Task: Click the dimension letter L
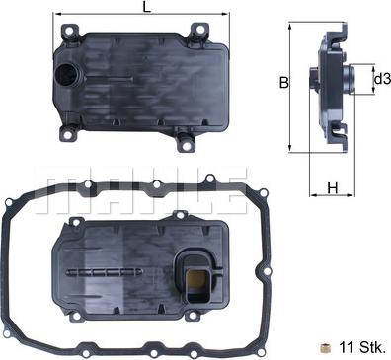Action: [x=147, y=8]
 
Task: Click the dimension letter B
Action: [x=283, y=83]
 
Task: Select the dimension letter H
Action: [x=333, y=187]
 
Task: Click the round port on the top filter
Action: [x=70, y=79]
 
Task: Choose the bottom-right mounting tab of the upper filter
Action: [x=186, y=144]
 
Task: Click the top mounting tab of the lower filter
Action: [x=180, y=214]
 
